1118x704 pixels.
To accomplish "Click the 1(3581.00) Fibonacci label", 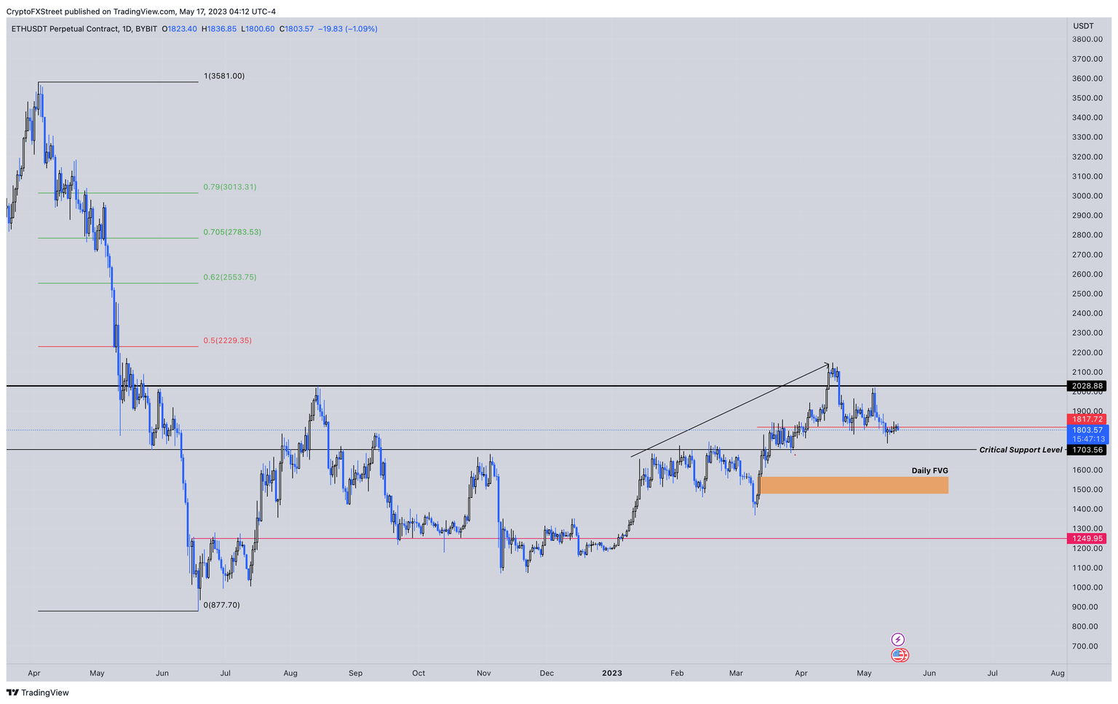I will pyautogui.click(x=224, y=76).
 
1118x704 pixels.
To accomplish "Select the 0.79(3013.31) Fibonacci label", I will pyautogui.click(x=229, y=187).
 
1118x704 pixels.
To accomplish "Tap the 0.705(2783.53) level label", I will pyautogui.click(x=231, y=232).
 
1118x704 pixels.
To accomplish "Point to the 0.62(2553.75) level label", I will pyautogui.click(x=229, y=277).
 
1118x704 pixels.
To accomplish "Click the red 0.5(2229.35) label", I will pyautogui.click(x=227, y=341).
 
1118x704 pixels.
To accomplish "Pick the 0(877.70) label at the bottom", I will pyautogui.click(x=221, y=605).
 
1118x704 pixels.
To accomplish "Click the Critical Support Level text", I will pyautogui.click(x=1020, y=450).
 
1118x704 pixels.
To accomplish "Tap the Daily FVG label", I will pyautogui.click(x=929, y=471).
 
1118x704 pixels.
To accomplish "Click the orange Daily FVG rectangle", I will pyautogui.click(x=853, y=485).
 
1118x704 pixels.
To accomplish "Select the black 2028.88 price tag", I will pyautogui.click(x=1087, y=386).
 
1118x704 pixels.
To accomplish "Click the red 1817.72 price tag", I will pyautogui.click(x=1087, y=419).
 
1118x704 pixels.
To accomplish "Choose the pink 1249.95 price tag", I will pyautogui.click(x=1087, y=539).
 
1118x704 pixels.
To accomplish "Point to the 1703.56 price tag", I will pyautogui.click(x=1087, y=450).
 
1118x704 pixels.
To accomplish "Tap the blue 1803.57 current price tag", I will pyautogui.click(x=1087, y=430).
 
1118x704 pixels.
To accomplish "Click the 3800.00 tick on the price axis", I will pyautogui.click(x=1087, y=39).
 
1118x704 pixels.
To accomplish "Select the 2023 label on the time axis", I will pyautogui.click(x=611, y=673).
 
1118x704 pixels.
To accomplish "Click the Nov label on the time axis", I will pyautogui.click(x=483, y=673).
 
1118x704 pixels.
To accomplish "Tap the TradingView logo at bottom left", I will pyautogui.click(x=38, y=693).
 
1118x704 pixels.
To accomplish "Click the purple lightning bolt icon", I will pyautogui.click(x=898, y=639).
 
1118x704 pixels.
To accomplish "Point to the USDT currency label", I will pyautogui.click(x=1083, y=26).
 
